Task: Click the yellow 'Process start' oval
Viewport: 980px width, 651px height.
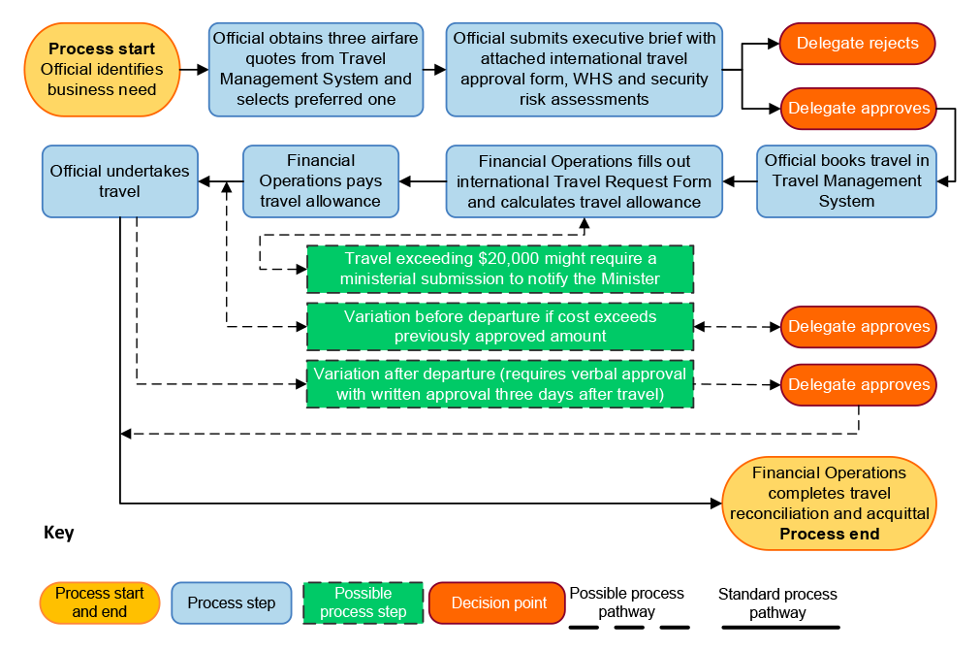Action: (x=102, y=70)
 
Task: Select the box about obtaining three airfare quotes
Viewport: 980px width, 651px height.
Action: (x=316, y=70)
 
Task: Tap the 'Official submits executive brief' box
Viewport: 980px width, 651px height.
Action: (x=585, y=70)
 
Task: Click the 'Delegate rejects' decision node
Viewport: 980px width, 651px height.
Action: (x=858, y=44)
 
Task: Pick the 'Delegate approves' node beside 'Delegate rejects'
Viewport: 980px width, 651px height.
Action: (x=858, y=109)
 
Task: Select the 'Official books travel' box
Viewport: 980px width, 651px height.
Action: (x=846, y=181)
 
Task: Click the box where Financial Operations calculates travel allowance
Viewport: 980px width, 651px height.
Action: (x=584, y=181)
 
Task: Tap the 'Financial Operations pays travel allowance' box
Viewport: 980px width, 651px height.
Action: (x=321, y=181)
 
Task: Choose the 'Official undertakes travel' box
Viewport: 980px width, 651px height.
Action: (x=120, y=181)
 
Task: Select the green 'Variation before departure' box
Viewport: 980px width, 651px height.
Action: (x=500, y=327)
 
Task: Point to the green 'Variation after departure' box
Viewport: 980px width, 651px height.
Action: (x=500, y=384)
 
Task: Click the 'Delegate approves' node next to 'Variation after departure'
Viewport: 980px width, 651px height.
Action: (x=858, y=385)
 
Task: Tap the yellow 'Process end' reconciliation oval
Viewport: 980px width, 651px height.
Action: (x=829, y=504)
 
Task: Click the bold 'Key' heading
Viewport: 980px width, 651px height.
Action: (x=59, y=534)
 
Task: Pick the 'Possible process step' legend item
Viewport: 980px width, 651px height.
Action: (x=363, y=603)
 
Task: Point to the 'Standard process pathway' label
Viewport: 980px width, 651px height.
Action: (x=777, y=602)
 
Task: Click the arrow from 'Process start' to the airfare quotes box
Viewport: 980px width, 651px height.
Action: (x=195, y=70)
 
